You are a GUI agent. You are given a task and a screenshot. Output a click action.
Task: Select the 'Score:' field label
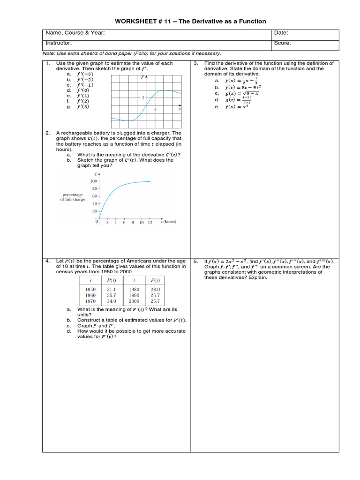pos(282,43)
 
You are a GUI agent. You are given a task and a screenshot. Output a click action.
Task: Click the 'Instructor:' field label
pos(59,43)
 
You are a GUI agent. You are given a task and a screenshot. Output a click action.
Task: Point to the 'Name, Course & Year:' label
pos(75,33)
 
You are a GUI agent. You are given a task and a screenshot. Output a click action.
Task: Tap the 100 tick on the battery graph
pos(93,181)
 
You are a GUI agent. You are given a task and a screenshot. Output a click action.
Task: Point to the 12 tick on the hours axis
pos(150,223)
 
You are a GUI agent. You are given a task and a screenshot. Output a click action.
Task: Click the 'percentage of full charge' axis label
pos(73,197)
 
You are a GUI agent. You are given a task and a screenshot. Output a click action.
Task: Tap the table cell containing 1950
pos(90,290)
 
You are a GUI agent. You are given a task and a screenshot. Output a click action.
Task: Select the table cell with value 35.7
pos(112,295)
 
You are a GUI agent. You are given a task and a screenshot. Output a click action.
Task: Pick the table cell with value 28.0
pos(155,290)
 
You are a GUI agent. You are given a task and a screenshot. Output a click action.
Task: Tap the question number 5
pos(195,261)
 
